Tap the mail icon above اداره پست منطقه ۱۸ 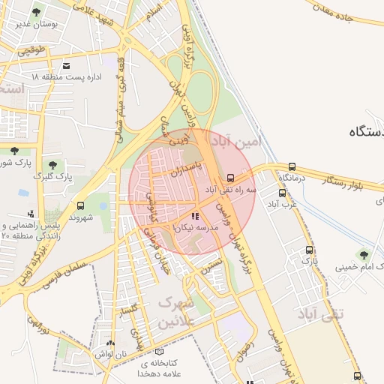(x=67, y=66)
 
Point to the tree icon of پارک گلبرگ (x=52, y=163)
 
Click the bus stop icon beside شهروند (x=80, y=205)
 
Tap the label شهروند (x=79, y=217)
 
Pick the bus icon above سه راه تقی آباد (x=230, y=178)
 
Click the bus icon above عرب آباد (x=283, y=193)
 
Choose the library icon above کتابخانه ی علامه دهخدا (x=157, y=351)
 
